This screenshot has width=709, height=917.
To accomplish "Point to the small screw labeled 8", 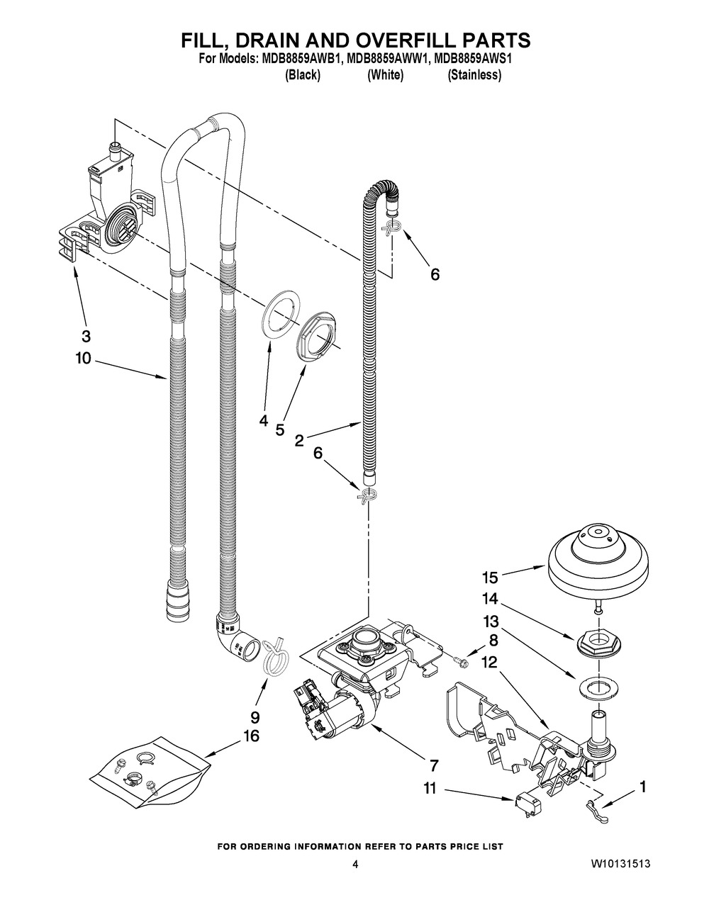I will [x=459, y=660].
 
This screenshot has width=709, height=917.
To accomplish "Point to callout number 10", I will [x=84, y=359].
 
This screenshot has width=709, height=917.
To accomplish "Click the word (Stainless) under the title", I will [x=474, y=75].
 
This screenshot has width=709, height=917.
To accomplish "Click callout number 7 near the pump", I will [x=433, y=765].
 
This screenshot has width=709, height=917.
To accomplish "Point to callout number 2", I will [x=299, y=440].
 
